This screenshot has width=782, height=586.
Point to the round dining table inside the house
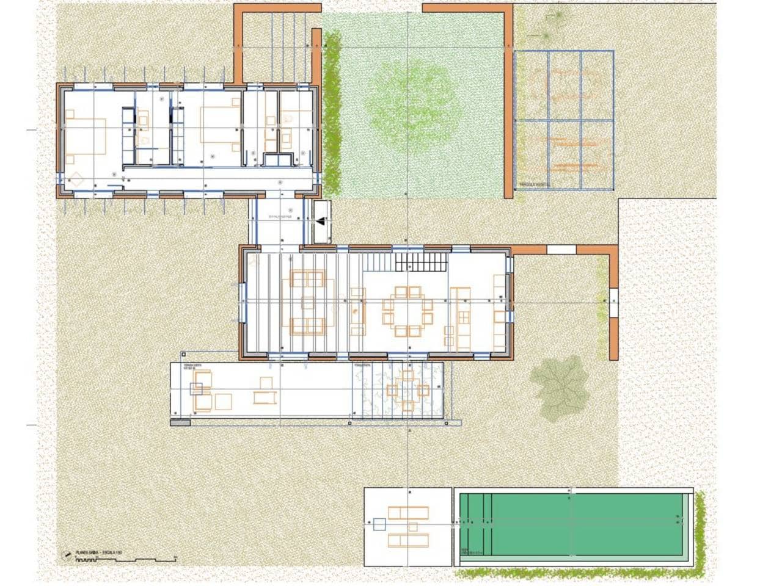[407, 311]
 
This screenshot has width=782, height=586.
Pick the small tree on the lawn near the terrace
[559, 388]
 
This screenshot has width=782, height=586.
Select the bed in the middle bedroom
[218, 128]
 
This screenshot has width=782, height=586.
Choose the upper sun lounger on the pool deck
[407, 512]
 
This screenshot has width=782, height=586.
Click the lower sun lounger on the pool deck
[407, 540]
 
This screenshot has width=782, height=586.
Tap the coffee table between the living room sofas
[308, 303]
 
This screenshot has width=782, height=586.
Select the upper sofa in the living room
[307, 279]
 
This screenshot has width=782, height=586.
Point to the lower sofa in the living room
[307, 327]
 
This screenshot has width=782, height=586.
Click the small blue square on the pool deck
[379, 524]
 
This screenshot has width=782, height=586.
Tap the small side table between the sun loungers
[414, 526]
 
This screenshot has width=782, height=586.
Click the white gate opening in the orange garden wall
[561, 249]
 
